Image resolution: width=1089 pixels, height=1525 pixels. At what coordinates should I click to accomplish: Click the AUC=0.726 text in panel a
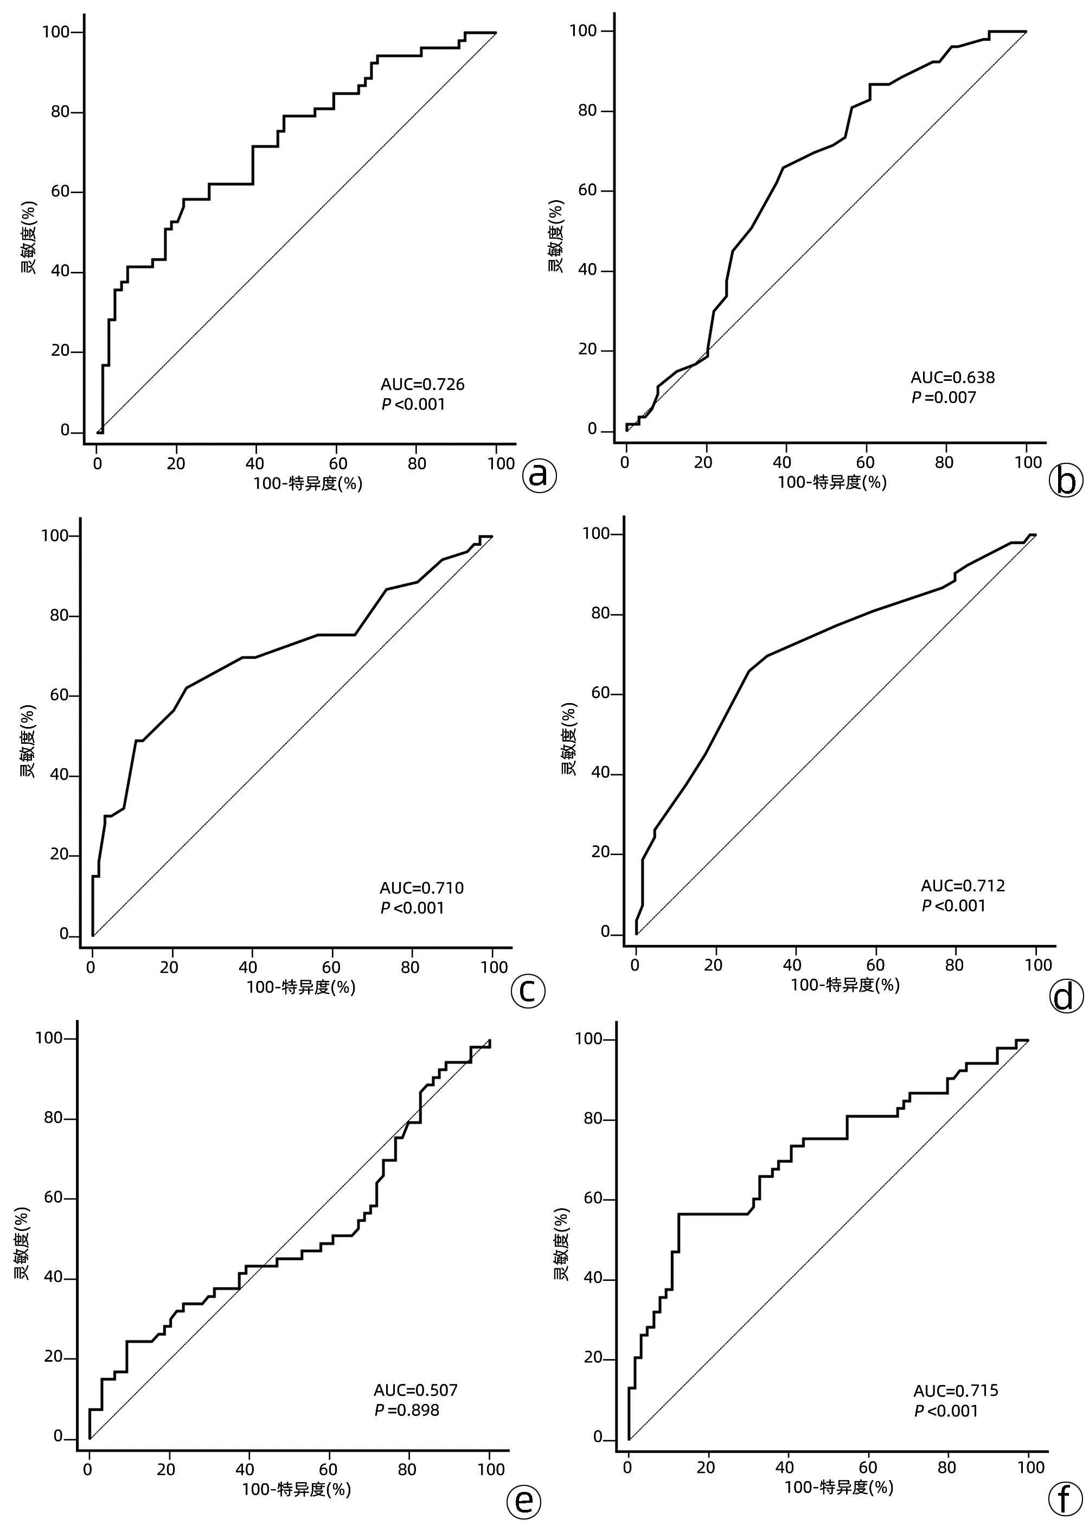(x=422, y=384)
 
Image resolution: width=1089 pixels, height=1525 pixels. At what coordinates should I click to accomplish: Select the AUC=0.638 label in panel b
(x=952, y=378)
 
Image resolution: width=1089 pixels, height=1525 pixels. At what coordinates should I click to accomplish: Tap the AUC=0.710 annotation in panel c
(x=421, y=888)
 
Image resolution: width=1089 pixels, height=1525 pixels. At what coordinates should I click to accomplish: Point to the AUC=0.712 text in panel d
(x=963, y=886)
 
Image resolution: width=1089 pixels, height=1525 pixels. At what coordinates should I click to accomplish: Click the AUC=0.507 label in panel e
(x=416, y=1390)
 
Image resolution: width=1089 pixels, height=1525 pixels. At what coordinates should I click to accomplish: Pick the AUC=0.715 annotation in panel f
(x=956, y=1391)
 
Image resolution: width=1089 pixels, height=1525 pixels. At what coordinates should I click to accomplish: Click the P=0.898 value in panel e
(x=407, y=1411)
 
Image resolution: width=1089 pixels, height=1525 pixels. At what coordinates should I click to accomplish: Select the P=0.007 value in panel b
(x=944, y=398)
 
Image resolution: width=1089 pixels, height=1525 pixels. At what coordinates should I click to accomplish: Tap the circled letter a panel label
(x=540, y=475)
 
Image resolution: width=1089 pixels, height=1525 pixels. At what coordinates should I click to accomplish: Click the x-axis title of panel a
(x=308, y=483)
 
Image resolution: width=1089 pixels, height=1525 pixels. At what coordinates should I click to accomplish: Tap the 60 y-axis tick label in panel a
(x=60, y=192)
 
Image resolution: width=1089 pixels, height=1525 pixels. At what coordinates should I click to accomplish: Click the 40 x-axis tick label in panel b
(x=783, y=462)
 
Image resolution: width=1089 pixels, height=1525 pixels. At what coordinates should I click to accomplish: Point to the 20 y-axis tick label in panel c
(x=60, y=855)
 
